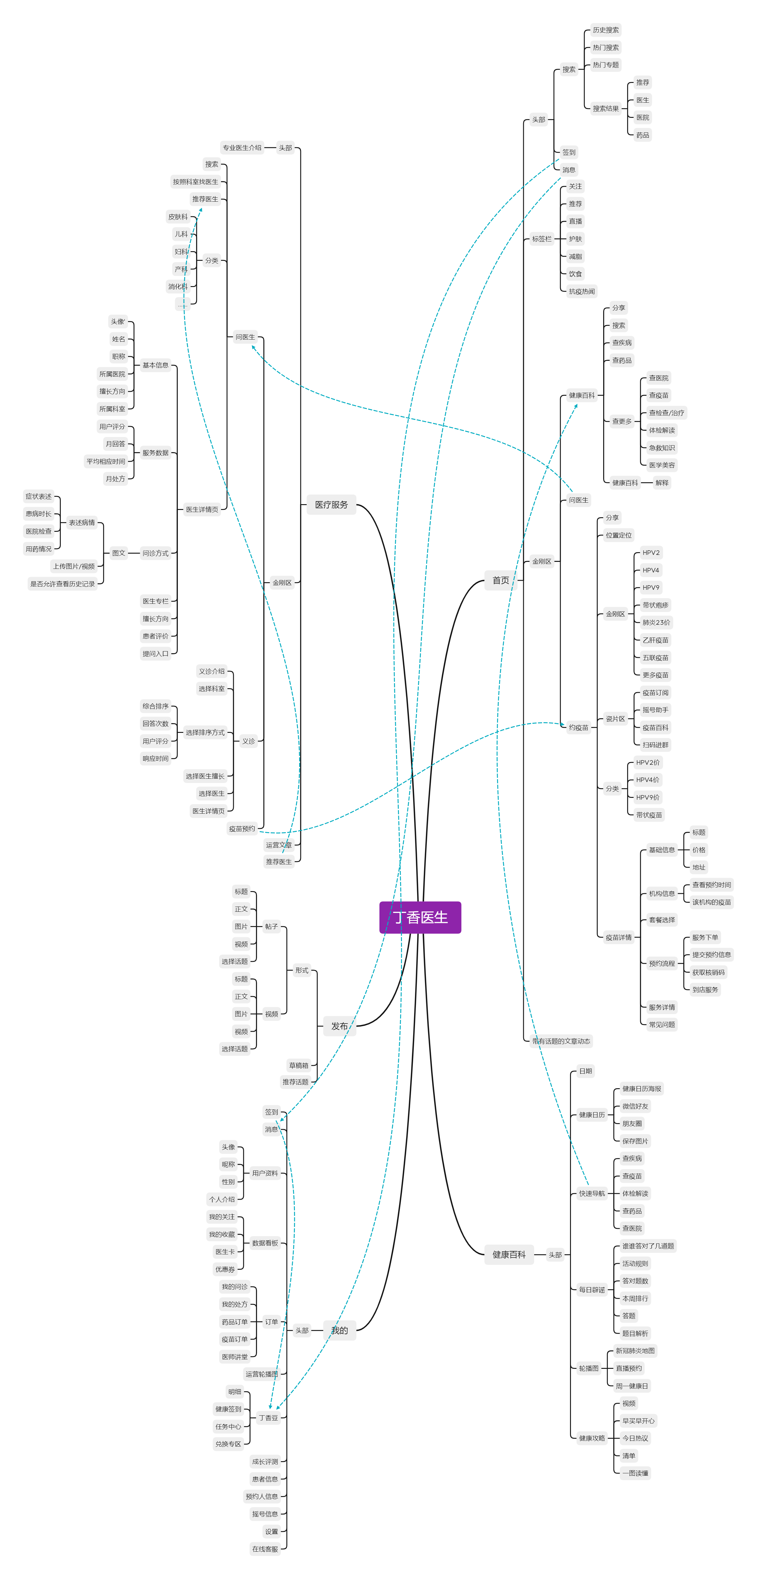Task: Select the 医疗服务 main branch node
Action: click(331, 504)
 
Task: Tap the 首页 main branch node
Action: click(501, 580)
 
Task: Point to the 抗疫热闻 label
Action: click(581, 291)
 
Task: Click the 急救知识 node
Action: click(661, 447)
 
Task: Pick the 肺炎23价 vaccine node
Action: click(656, 622)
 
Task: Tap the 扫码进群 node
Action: click(655, 745)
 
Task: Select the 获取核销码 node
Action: click(708, 972)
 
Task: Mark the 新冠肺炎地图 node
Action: click(635, 1350)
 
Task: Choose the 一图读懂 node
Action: click(635, 1473)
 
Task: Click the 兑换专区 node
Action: click(228, 1444)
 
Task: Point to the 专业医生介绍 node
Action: click(242, 148)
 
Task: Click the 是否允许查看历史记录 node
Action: click(63, 583)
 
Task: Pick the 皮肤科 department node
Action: click(178, 216)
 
